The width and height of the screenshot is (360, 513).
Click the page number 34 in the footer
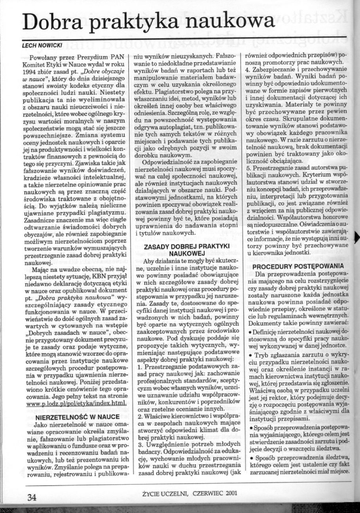32,497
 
